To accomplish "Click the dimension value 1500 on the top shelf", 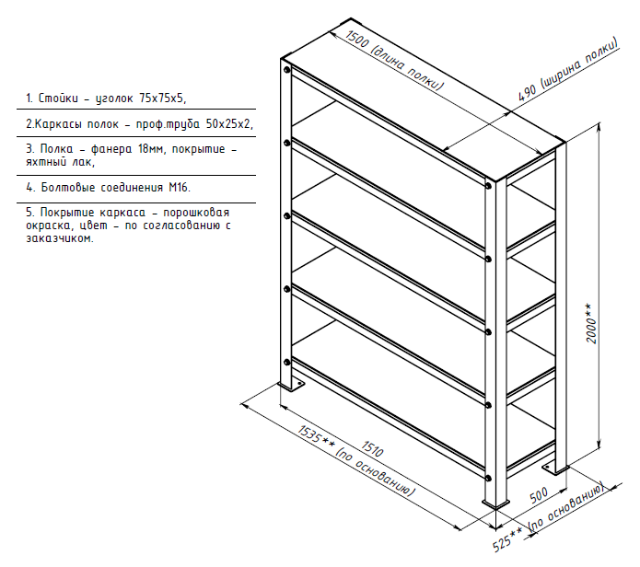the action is (x=356, y=40).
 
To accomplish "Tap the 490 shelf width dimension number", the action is (x=527, y=93).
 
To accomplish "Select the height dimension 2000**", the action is (x=590, y=323).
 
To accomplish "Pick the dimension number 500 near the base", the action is (x=539, y=495).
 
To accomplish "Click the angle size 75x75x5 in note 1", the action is (x=162, y=98).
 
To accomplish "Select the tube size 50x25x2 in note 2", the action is (x=229, y=123).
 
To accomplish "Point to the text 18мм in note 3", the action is (x=151, y=149).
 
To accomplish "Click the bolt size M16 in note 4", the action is (x=180, y=187).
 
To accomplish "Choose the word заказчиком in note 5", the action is (x=60, y=238).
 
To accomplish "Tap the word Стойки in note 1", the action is (x=58, y=98).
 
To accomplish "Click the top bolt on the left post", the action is (x=287, y=70).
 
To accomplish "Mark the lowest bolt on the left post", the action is (x=287, y=362).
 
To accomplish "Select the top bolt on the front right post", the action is (x=488, y=186).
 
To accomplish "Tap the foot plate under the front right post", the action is (x=496, y=503).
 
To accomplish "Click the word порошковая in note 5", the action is (x=196, y=213).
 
